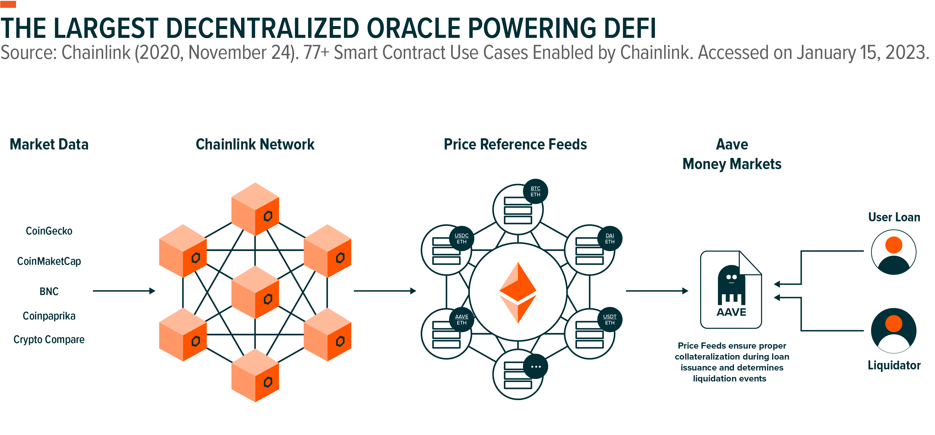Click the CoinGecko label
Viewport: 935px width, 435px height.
[49, 231]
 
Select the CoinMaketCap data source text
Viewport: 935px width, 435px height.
[49, 261]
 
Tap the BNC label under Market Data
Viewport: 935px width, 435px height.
[49, 291]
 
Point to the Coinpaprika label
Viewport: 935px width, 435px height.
[49, 316]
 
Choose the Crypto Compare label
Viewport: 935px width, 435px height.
[49, 340]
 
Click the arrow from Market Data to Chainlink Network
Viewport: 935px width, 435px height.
[124, 291]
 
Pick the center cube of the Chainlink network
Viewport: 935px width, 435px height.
[255, 292]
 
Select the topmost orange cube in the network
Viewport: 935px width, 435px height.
[255, 209]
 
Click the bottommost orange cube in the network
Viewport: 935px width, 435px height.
[255, 376]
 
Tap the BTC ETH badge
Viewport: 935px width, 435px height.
[535, 191]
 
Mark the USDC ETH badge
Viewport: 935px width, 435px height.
[461, 239]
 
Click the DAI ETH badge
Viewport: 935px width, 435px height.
[610, 239]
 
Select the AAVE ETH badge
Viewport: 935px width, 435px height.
[461, 319]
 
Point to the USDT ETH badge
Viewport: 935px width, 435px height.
[610, 319]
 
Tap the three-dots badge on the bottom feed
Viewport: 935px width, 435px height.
[536, 366]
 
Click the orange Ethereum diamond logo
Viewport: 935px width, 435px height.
[518, 292]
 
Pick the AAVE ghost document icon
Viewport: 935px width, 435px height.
[731, 290]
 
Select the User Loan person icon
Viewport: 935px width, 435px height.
[894, 252]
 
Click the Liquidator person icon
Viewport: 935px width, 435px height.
[894, 330]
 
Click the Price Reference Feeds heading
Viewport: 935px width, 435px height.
[515, 144]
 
